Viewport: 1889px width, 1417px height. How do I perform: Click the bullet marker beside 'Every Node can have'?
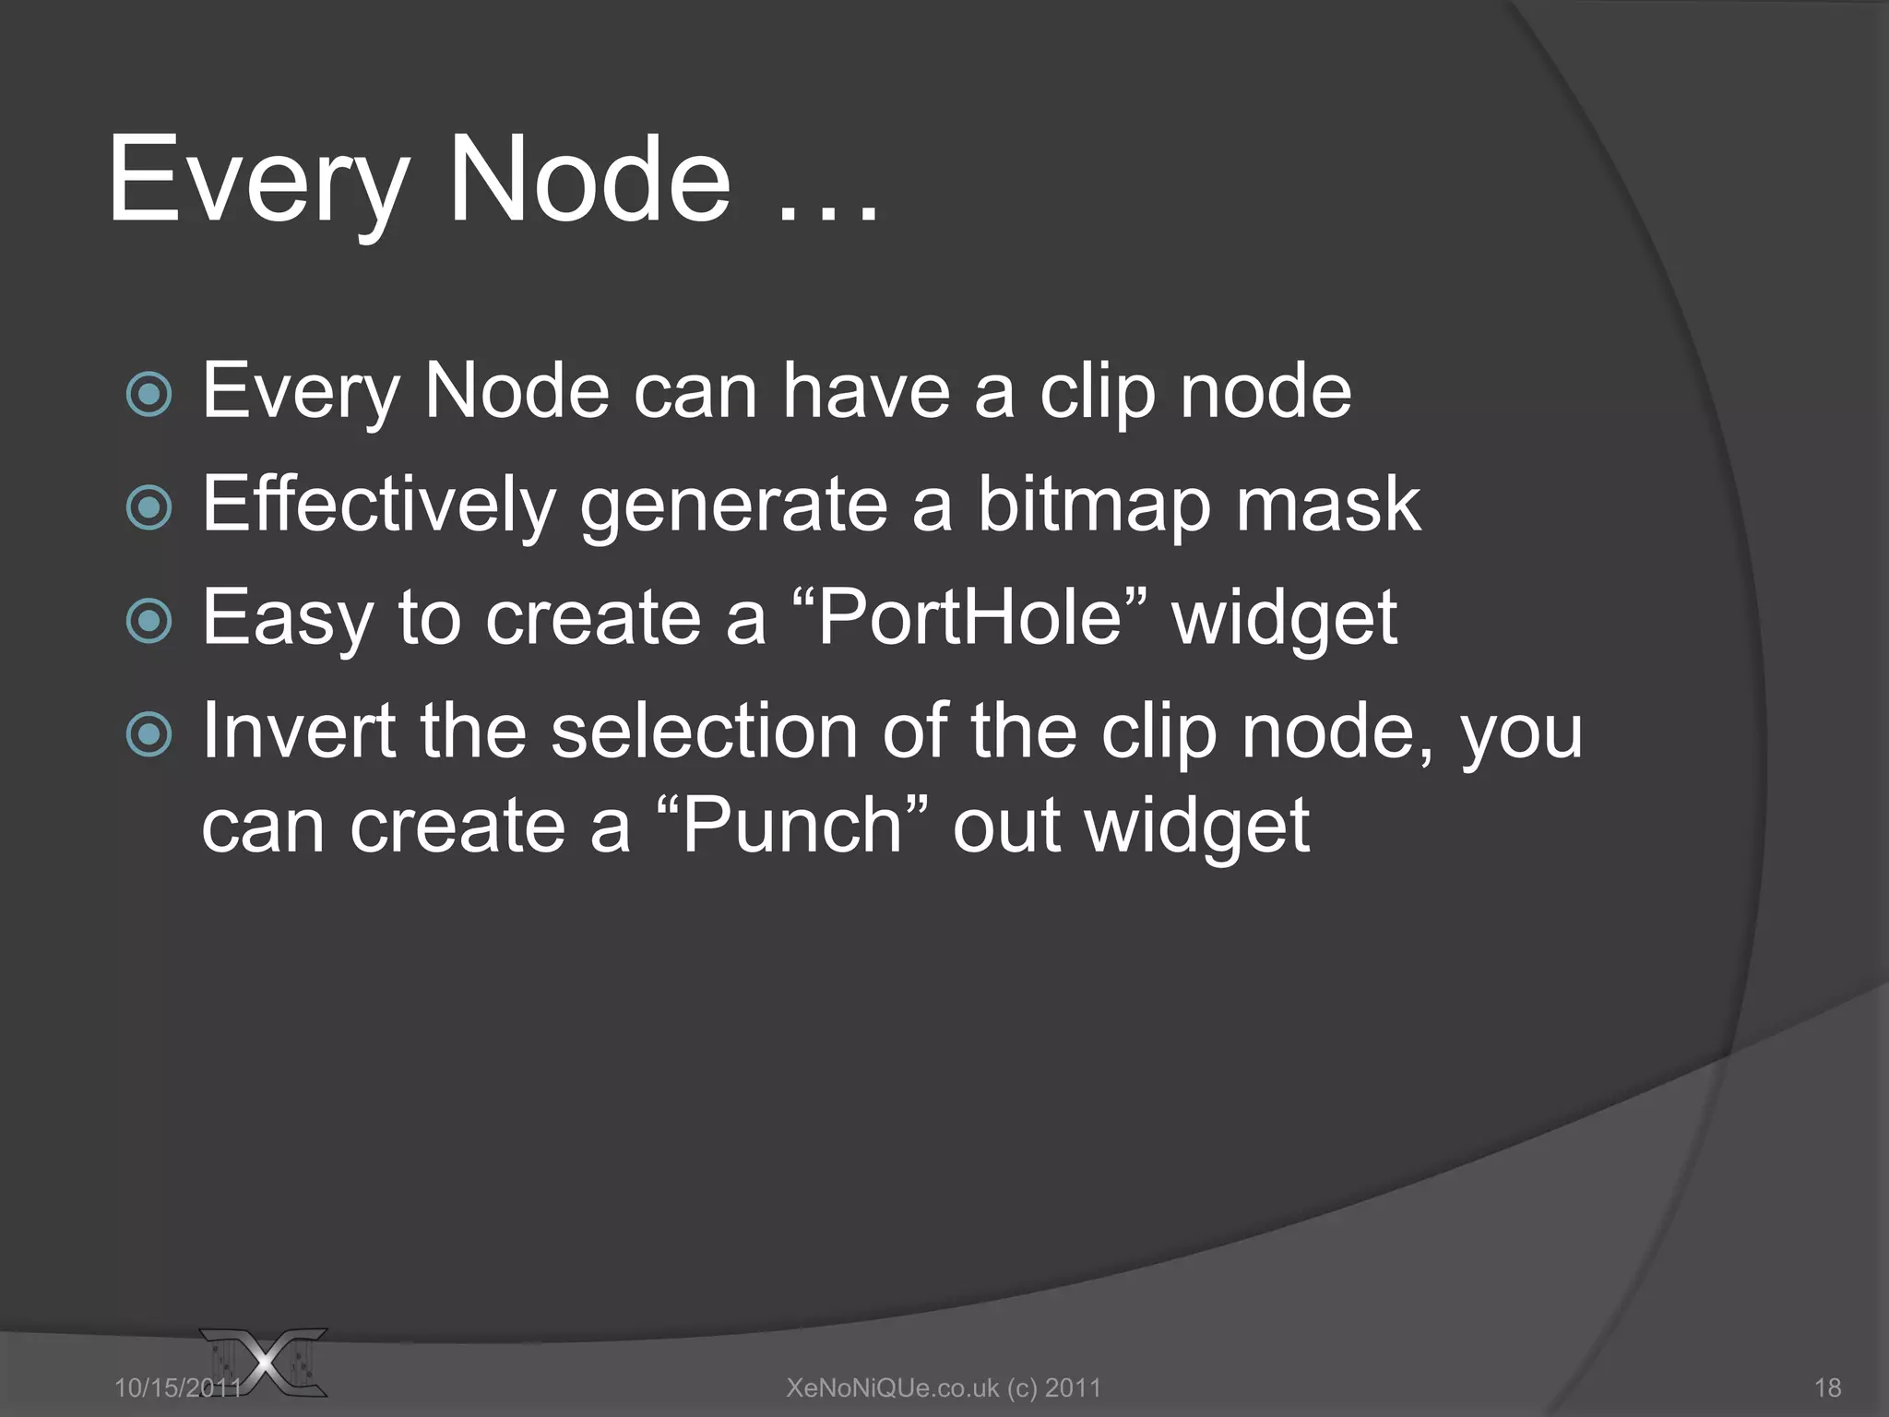click(149, 395)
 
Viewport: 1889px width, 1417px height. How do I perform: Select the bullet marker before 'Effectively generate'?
click(149, 507)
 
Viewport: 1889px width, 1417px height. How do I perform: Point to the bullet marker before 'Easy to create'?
click(149, 621)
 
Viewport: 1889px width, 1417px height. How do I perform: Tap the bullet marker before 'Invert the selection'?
click(149, 735)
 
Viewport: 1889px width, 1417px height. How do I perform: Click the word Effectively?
click(379, 506)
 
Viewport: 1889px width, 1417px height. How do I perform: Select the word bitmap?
click(1093, 506)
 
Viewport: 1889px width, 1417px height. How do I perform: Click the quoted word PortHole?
click(968, 618)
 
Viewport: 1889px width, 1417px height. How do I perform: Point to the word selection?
click(705, 731)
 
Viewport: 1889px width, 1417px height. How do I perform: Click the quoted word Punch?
click(791, 826)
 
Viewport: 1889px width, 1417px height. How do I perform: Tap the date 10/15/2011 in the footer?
click(177, 1387)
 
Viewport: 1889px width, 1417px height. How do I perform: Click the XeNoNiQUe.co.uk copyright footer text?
click(944, 1387)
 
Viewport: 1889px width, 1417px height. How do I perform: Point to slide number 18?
click(1827, 1387)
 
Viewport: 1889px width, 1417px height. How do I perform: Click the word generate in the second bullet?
click(734, 506)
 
